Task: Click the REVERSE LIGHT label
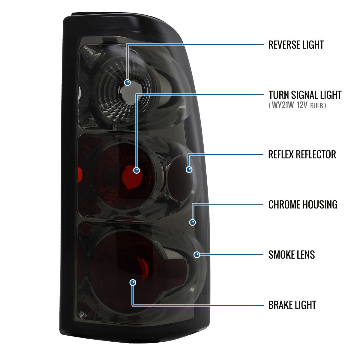coord(296,45)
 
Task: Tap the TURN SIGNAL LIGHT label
coord(305,95)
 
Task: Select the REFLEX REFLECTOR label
coord(302,154)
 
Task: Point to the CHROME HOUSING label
coord(303,204)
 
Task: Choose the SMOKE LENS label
coord(292,255)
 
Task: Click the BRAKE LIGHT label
coord(292,305)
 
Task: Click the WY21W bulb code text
coord(283,105)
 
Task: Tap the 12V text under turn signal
coord(302,105)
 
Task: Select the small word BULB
coord(317,106)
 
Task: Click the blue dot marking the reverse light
coord(127,82)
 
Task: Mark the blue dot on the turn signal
coord(136,170)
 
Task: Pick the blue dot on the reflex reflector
coord(189,169)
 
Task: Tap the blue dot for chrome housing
coord(192,222)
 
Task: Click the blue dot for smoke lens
coord(197,255)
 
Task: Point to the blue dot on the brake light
coord(133,283)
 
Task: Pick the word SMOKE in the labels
coord(281,255)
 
